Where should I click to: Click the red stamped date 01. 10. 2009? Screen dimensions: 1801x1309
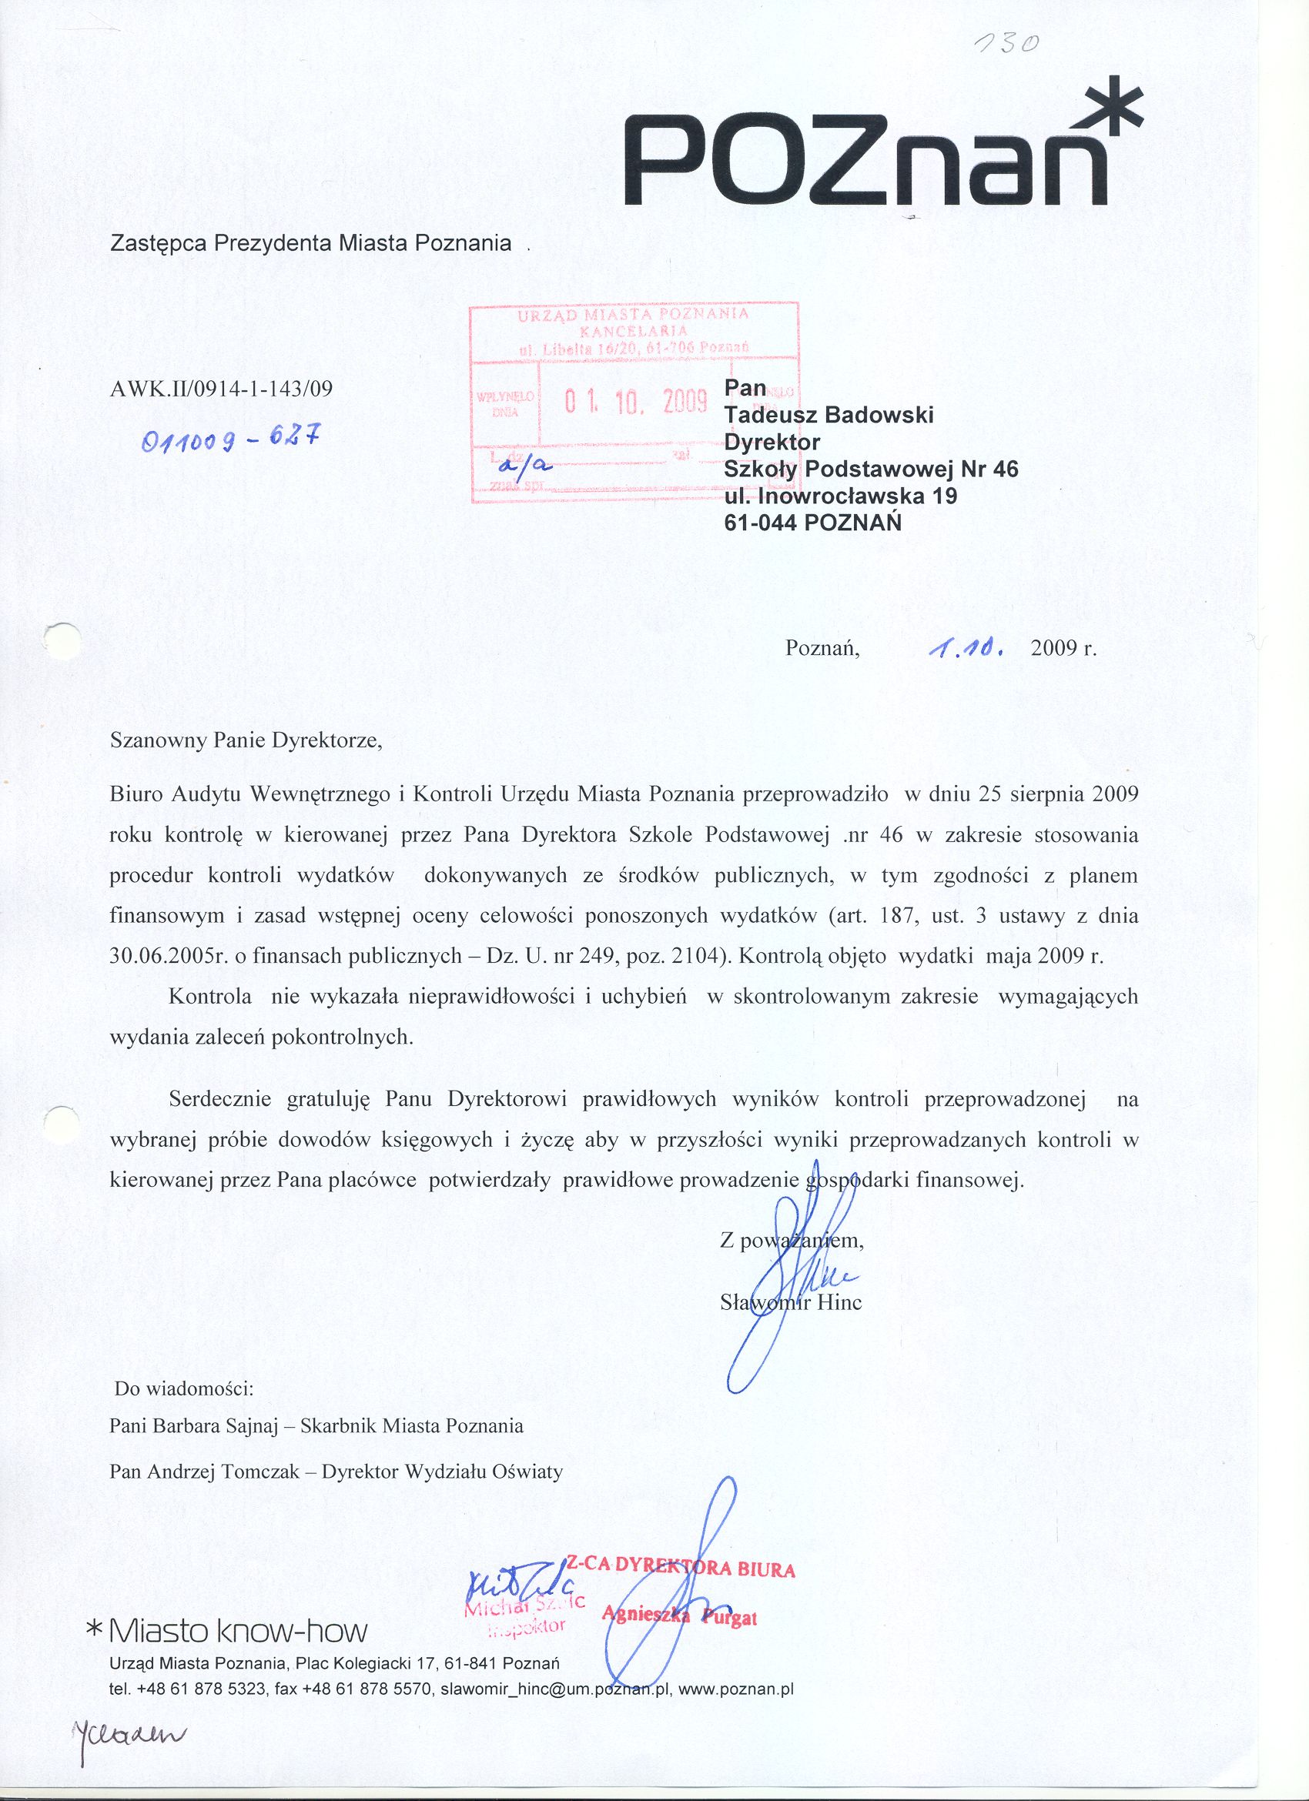coord(634,403)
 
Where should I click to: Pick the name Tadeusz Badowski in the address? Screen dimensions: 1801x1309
coord(829,416)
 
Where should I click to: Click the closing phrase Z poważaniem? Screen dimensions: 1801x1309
coord(791,1241)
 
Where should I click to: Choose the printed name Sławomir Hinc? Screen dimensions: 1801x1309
coord(790,1302)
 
